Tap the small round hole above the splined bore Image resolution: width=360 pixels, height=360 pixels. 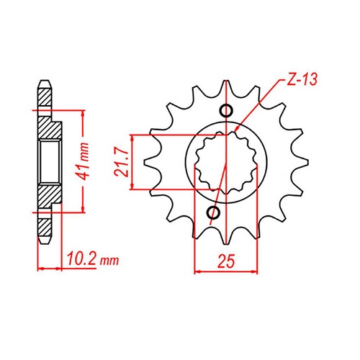pyautogui.click(x=226, y=110)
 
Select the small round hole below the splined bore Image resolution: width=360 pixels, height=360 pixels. pyautogui.click(x=213, y=213)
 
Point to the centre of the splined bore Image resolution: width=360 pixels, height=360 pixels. pyautogui.click(x=226, y=162)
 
